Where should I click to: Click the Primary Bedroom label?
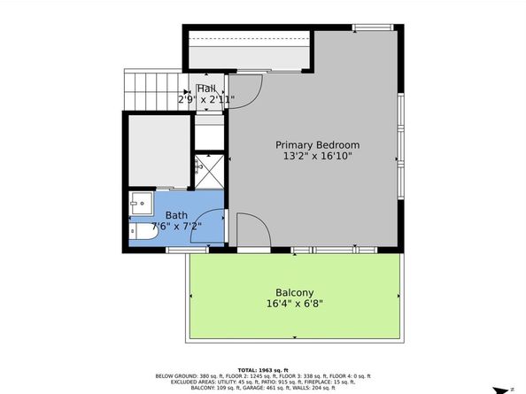click(x=317, y=144)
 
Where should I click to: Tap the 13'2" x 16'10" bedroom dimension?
click(x=317, y=157)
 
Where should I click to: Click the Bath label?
click(x=176, y=215)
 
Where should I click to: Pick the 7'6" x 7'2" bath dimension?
click(x=176, y=227)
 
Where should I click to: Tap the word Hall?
click(x=206, y=89)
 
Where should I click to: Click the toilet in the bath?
click(x=143, y=233)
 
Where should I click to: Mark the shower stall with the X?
click(x=210, y=170)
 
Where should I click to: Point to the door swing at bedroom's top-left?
click(x=248, y=87)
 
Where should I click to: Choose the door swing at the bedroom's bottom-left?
click(x=247, y=230)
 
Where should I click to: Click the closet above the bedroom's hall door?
click(x=249, y=56)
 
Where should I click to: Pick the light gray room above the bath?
click(x=159, y=151)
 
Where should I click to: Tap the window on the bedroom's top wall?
click(x=372, y=28)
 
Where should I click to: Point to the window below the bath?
click(x=187, y=251)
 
